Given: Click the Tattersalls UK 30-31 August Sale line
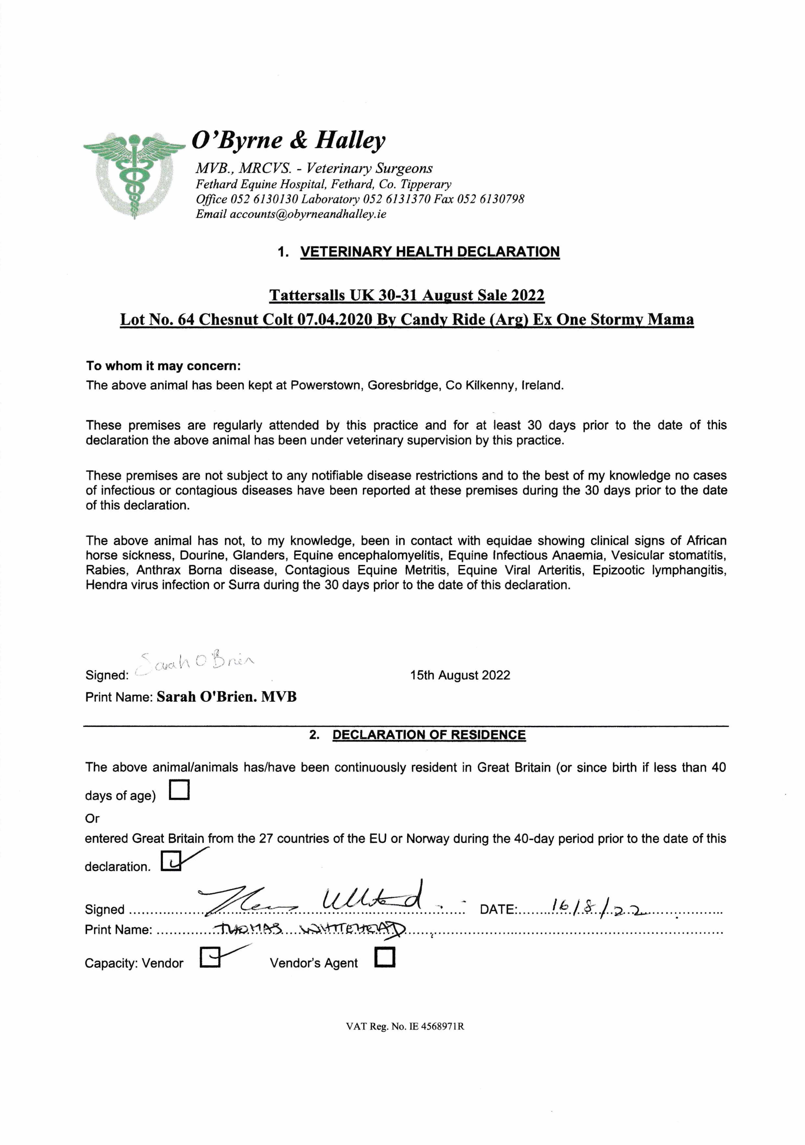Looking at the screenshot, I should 407,295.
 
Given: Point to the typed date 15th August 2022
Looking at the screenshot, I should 460,675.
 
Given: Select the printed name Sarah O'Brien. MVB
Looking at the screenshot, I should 226,697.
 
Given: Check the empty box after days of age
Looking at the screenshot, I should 180,790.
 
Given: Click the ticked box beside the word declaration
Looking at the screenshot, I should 171,861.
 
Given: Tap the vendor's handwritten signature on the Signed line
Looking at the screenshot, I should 312,899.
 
